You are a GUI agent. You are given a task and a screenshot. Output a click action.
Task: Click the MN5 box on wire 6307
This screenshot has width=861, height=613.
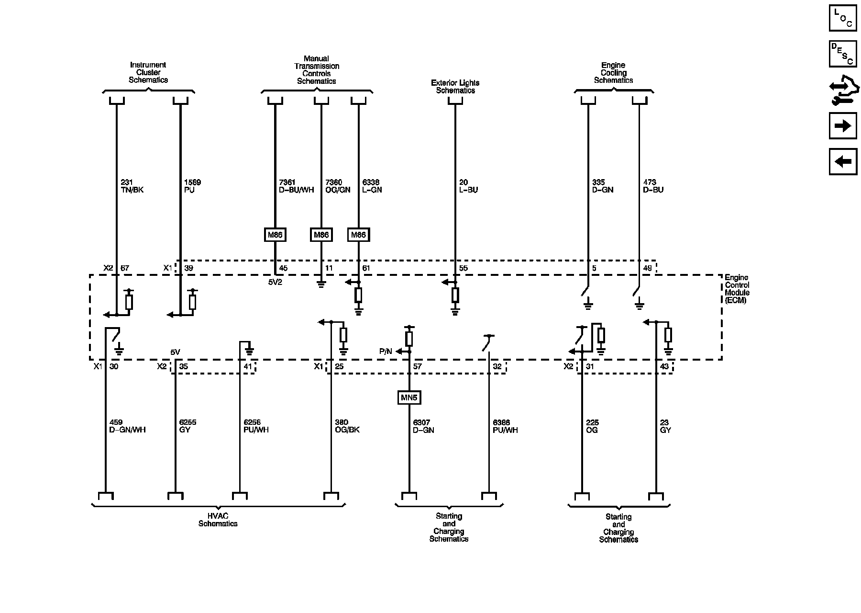tap(409, 397)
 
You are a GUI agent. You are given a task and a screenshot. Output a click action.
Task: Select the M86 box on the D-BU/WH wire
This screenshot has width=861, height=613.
tap(275, 235)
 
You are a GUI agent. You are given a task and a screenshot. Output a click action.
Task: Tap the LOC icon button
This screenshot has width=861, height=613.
tap(843, 18)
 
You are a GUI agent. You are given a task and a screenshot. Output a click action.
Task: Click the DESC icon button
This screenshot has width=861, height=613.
tap(843, 54)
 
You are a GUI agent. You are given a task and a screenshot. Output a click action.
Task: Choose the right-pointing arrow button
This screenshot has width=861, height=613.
tap(843, 126)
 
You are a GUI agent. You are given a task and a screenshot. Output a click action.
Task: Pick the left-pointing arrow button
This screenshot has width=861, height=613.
tap(843, 161)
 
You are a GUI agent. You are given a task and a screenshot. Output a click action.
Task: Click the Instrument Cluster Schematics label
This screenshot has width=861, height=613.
tap(148, 72)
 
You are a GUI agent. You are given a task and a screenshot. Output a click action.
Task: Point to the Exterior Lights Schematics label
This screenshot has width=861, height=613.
tap(455, 87)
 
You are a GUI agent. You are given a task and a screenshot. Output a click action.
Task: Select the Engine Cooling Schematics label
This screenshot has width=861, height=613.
tap(613, 73)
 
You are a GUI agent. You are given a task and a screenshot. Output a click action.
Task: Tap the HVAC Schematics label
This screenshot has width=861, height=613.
tap(218, 520)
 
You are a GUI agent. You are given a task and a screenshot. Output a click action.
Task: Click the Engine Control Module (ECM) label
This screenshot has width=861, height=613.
tap(737, 289)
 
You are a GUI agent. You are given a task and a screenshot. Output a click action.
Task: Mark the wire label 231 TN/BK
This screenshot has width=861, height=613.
tap(132, 186)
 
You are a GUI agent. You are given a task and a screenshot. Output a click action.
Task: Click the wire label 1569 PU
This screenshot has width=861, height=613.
tap(192, 186)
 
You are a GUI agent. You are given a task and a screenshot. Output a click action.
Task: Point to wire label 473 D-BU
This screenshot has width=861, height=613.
tap(653, 186)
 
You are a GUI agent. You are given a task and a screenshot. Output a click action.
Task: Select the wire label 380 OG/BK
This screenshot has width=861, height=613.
tap(347, 426)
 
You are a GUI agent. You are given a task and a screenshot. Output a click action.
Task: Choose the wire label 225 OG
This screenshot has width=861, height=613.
tap(592, 426)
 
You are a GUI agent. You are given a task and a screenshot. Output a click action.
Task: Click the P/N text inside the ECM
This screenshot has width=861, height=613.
tap(386, 352)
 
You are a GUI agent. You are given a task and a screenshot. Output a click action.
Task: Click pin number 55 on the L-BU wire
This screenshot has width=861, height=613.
tap(463, 268)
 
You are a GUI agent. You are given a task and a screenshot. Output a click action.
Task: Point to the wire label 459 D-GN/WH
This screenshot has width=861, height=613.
tap(127, 426)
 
